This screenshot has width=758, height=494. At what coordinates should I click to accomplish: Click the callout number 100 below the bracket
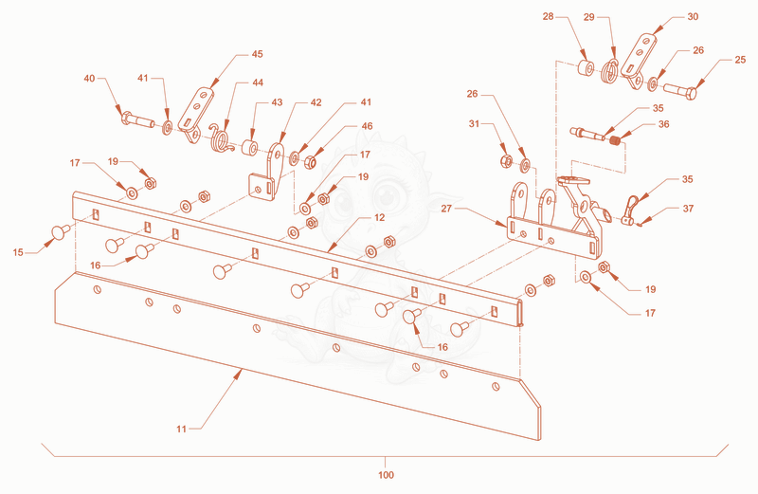point(386,475)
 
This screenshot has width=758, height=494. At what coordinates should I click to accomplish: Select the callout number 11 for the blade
point(181,429)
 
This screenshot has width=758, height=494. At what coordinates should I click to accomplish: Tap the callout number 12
point(380,217)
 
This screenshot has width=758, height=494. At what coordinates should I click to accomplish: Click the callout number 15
point(18,252)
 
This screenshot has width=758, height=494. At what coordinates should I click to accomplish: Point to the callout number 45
point(257,54)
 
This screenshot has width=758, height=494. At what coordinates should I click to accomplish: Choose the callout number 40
point(89,78)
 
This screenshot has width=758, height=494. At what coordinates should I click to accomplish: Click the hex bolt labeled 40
point(137,119)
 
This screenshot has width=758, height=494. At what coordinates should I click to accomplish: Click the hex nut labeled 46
point(310,161)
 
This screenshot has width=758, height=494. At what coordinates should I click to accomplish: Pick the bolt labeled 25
point(680,90)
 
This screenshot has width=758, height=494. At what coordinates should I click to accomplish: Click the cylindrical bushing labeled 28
point(587,67)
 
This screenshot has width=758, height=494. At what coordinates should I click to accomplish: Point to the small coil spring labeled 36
point(615,140)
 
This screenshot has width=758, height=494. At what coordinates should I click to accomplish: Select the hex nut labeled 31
point(505,160)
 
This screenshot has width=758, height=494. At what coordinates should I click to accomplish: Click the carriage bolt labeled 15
point(61,231)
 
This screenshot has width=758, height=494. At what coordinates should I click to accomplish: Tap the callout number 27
point(446,208)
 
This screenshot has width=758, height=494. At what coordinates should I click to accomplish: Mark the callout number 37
point(689,209)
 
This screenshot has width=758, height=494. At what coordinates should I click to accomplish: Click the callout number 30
point(693,16)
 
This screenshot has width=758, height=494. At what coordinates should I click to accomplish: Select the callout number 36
point(664,124)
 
